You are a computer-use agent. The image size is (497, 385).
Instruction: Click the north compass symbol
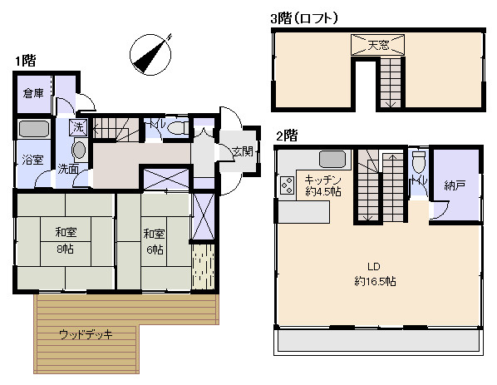click(x=150, y=55)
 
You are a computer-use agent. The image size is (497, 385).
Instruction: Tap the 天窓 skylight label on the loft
click(x=378, y=45)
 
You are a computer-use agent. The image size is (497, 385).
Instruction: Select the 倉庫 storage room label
click(x=33, y=93)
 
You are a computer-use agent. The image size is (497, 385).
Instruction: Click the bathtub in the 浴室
click(x=34, y=128)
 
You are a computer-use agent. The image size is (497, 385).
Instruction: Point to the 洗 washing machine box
click(x=78, y=127)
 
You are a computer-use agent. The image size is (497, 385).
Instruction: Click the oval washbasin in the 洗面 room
click(x=79, y=150)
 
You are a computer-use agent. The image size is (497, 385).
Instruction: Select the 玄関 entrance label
click(x=243, y=151)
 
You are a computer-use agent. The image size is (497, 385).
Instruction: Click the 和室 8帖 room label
click(x=66, y=240)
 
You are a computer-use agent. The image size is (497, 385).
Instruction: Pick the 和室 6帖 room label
click(x=154, y=242)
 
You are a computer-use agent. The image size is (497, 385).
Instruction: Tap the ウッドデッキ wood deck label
click(x=86, y=334)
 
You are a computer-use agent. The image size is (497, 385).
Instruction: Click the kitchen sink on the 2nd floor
click(x=332, y=159)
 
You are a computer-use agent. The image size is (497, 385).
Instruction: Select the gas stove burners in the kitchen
click(x=287, y=185)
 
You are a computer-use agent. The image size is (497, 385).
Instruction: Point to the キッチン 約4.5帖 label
click(x=322, y=186)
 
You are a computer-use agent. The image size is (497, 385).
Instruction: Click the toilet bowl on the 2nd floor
click(x=419, y=162)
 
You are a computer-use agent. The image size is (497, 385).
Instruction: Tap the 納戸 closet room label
click(x=455, y=185)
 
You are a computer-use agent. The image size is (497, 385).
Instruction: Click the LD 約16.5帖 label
click(x=375, y=274)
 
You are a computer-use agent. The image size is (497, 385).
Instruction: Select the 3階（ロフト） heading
click(x=304, y=18)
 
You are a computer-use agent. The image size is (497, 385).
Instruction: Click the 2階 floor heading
click(x=287, y=136)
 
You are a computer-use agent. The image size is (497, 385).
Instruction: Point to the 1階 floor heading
click(x=26, y=60)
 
